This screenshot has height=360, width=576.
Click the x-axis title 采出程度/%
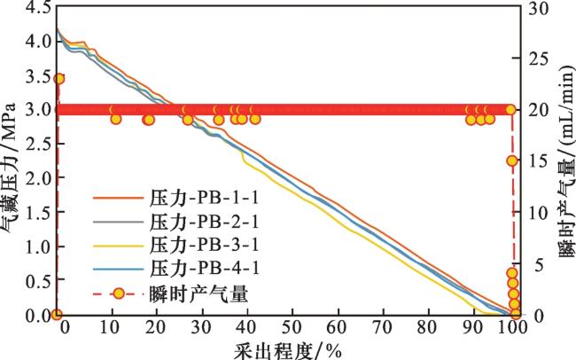pos(287,348)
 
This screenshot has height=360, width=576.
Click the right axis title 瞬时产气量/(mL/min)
pos(564,168)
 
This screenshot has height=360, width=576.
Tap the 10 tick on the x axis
pos(111,327)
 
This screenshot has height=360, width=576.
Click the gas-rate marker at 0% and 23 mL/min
pos(59,79)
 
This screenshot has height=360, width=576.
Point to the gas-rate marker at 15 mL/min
pos(511,160)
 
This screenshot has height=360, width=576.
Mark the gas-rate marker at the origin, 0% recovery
pos(57,315)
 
